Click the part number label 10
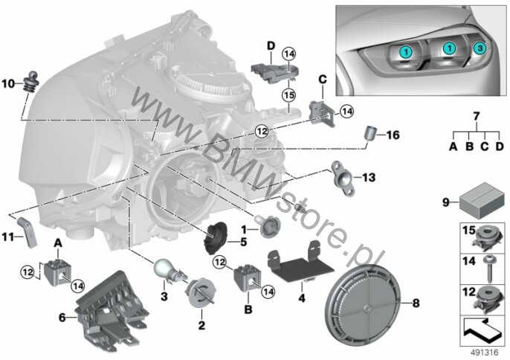[8, 84]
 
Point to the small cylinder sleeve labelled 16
[369, 133]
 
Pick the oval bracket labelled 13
[343, 178]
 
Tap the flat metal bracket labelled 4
[300, 263]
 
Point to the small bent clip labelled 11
[28, 232]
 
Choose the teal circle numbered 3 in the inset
[480, 48]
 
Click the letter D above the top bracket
[271, 46]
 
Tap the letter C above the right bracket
[323, 80]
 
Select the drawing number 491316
[485, 353]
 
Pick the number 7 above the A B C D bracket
[476, 116]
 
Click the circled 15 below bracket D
[288, 95]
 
